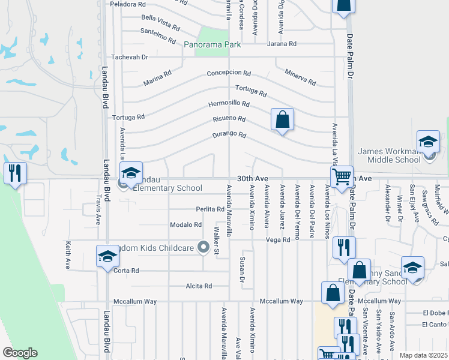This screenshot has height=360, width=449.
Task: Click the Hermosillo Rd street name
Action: (x=229, y=104)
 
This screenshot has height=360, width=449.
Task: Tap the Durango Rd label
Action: (x=229, y=135)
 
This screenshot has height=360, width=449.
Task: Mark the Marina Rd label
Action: (x=157, y=78)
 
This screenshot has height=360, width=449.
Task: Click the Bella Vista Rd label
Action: (x=160, y=23)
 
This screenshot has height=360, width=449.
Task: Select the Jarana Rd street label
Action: (x=282, y=44)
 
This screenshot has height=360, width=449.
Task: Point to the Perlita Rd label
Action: (x=209, y=209)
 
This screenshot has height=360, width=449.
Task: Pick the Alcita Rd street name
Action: (x=199, y=286)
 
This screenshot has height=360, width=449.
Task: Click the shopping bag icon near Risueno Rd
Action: (x=282, y=119)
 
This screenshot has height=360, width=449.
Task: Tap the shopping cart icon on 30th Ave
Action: (x=342, y=176)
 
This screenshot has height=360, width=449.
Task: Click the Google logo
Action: (x=20, y=353)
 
